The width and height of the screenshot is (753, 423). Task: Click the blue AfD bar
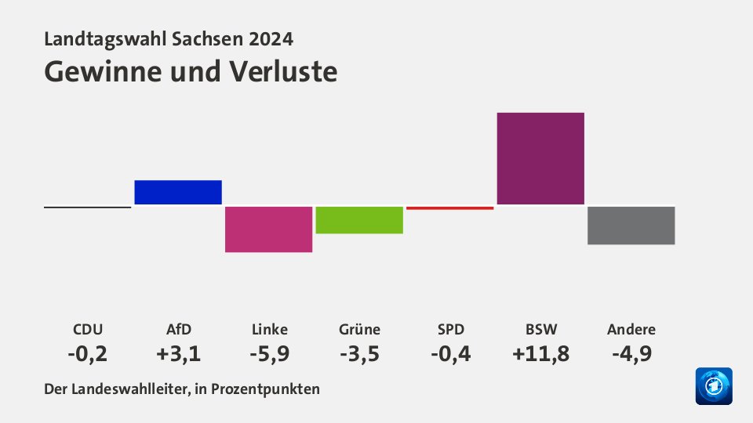click(x=178, y=192)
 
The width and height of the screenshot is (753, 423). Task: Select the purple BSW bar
click(x=540, y=158)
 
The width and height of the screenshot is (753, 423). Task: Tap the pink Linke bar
click(x=268, y=229)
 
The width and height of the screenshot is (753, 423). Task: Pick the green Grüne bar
click(x=359, y=219)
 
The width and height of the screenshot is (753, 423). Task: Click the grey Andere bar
click(x=631, y=225)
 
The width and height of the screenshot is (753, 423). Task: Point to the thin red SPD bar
click(x=449, y=208)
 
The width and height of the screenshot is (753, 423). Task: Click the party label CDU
click(x=87, y=329)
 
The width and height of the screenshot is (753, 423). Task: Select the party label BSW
click(x=540, y=329)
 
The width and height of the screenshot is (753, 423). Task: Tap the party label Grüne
click(x=359, y=329)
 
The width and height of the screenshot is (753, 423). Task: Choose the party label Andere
click(x=631, y=329)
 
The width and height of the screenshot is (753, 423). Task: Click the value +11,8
click(x=540, y=353)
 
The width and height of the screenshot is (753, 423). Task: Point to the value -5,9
click(x=268, y=353)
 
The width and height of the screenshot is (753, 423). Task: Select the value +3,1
click(x=178, y=353)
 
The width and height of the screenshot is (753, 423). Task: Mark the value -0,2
click(x=87, y=353)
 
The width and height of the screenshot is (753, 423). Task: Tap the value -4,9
click(x=631, y=353)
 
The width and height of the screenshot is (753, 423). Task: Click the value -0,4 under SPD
click(x=449, y=353)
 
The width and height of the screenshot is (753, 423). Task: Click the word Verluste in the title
click(x=284, y=71)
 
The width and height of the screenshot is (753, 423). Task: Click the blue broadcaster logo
click(x=714, y=386)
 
